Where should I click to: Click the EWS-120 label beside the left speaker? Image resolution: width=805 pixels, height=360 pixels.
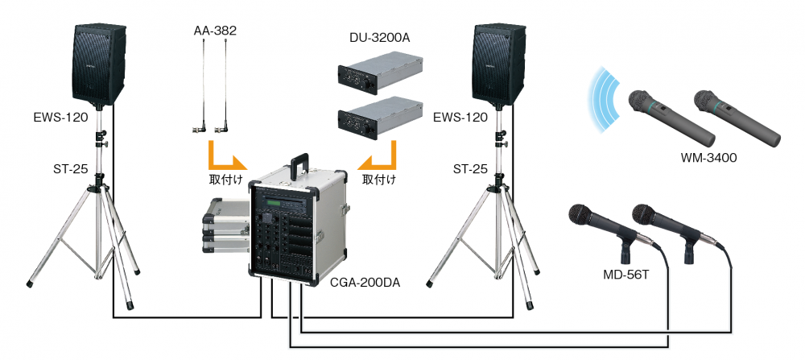[61, 118]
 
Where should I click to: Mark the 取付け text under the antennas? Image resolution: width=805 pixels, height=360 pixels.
[223, 179]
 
